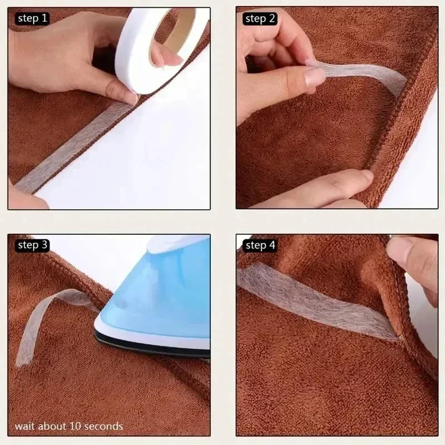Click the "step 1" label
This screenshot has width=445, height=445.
point(32,19)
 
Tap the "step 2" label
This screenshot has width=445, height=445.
point(260,19)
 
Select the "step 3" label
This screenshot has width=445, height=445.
point(32,245)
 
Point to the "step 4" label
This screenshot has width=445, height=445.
point(260,245)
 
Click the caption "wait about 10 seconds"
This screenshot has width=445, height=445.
point(69,426)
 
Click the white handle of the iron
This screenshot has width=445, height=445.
point(176,244)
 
